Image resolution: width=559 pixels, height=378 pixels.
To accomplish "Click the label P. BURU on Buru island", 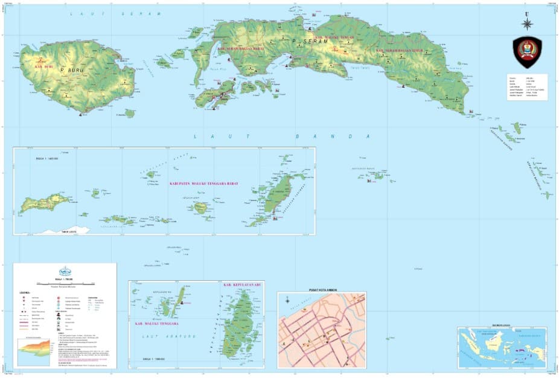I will pyautogui.click(x=71, y=70).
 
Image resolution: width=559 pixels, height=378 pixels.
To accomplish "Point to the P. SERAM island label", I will pyautogui.click(x=302, y=41).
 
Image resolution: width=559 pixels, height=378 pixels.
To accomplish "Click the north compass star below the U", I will pyautogui.click(x=527, y=24).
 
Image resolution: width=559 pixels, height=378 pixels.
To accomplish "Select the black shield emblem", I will pyautogui.click(x=527, y=51).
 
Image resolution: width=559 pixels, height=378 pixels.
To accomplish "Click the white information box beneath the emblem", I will pyautogui.click(x=527, y=86).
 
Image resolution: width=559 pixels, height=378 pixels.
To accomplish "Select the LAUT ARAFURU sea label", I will pyautogui.click(x=174, y=336).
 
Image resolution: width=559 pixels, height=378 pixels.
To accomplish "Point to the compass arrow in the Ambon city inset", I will pyautogui.click(x=288, y=300).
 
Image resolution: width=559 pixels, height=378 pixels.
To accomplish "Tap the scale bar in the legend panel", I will pyautogui.click(x=64, y=282).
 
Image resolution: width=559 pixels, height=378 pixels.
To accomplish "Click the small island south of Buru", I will pyautogui.click(x=130, y=113).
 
